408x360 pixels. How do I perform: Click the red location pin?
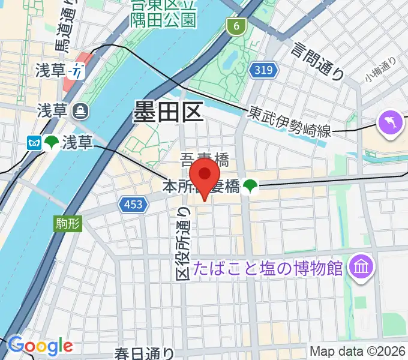(x=205, y=178)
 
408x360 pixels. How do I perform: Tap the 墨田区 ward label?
(x=169, y=112)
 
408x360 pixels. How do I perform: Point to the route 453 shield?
(x=133, y=205)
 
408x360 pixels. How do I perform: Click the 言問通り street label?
(x=317, y=60)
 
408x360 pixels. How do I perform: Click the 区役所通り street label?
(x=184, y=242)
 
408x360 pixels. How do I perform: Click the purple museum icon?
(x=362, y=263)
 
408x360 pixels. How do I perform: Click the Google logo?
(x=40, y=346)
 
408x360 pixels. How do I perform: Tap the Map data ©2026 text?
(x=358, y=352)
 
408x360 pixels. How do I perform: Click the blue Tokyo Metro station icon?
(x=32, y=143)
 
